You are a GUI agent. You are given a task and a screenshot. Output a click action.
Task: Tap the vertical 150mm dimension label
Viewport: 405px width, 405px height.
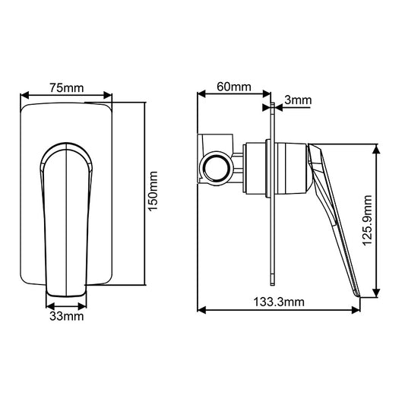click(152, 191)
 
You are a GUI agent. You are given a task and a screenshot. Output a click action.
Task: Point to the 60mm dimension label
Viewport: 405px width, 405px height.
click(235, 87)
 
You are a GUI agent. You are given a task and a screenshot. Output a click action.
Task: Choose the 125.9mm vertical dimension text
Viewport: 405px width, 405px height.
click(368, 220)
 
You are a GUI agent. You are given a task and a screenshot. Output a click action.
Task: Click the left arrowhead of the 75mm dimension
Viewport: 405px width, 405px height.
click(25, 97)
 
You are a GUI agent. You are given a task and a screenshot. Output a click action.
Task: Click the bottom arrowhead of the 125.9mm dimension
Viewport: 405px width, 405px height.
click(376, 292)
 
